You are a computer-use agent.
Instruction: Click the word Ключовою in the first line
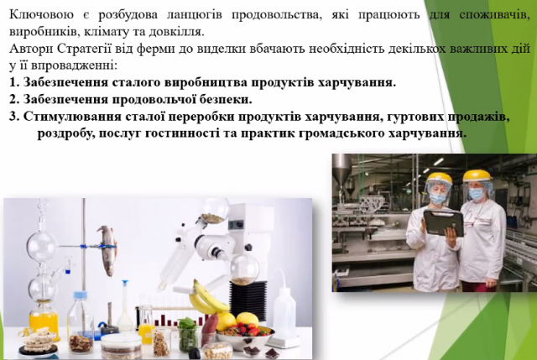[41, 15]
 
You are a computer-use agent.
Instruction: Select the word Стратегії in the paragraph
[84, 49]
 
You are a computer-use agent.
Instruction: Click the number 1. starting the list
[14, 82]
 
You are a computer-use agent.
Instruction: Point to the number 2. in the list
[14, 99]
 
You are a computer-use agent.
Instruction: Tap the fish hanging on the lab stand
[107, 250]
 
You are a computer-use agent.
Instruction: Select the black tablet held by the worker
[443, 222]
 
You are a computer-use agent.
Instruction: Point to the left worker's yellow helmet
[439, 178]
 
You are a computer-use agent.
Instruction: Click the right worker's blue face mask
[476, 194]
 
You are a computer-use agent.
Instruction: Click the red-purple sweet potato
[209, 329]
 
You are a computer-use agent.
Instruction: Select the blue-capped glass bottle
[81, 322]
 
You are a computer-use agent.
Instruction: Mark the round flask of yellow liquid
[44, 318]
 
